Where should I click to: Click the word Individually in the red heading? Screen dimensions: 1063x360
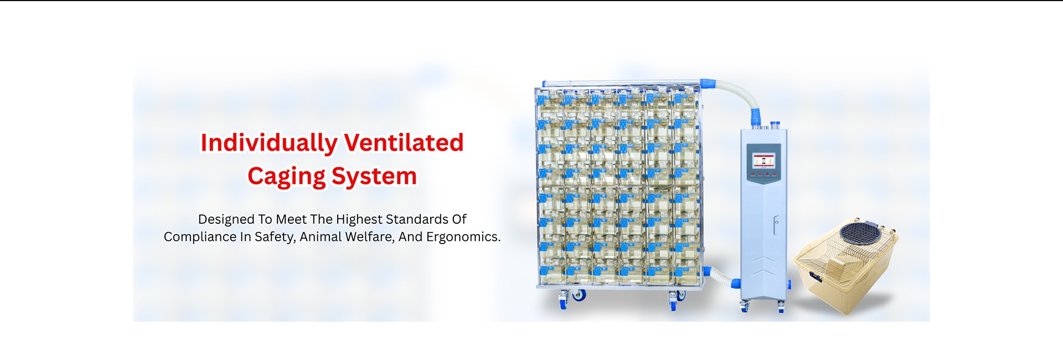pos(269,143)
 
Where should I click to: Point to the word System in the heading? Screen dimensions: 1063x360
pos(374,177)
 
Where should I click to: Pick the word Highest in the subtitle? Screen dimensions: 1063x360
pos(359,220)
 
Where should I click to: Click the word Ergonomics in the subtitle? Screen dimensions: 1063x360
pos(463,237)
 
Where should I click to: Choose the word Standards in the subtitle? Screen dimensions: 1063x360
pos(417,219)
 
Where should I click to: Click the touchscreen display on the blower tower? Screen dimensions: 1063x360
pos(763,160)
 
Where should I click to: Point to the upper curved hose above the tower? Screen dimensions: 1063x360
pos(736,91)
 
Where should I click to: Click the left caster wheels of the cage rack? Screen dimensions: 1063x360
pos(571,298)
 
